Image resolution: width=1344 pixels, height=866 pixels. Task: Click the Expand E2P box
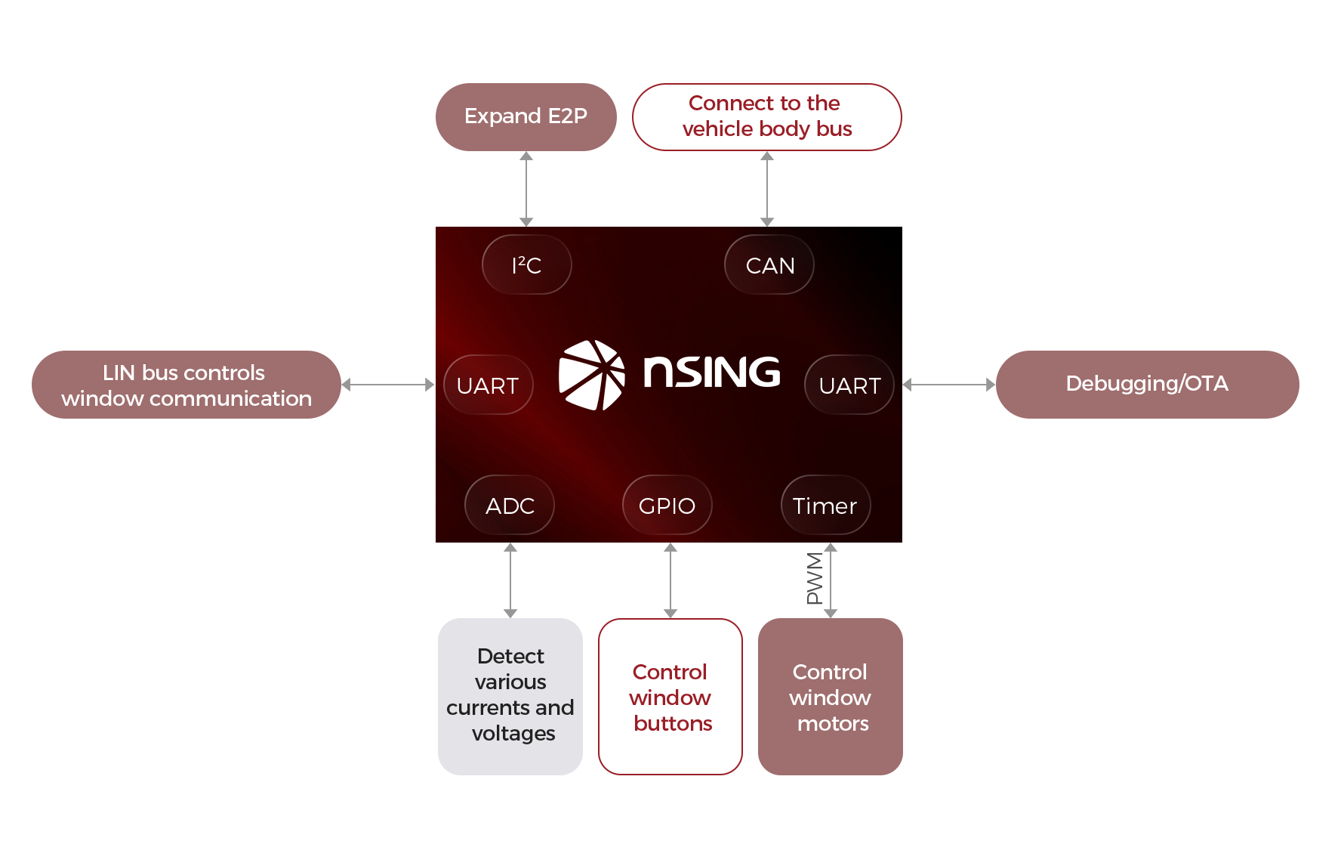[526, 116]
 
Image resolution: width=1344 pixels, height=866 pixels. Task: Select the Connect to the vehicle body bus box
[766, 116]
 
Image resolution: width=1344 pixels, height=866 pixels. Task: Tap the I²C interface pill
[526, 264]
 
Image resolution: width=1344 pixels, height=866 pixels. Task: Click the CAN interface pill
[769, 264]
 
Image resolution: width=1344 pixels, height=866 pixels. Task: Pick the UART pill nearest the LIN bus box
[488, 385]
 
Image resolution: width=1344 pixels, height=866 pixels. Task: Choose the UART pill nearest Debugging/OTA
[849, 385]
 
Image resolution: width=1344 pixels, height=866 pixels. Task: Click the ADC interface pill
[510, 505]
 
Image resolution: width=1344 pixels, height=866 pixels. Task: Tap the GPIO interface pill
[667, 505]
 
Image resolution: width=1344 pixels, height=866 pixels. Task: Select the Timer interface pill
[825, 505]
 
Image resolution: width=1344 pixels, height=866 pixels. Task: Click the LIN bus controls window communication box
[186, 385]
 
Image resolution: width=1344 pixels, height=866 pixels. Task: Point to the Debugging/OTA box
[1147, 384]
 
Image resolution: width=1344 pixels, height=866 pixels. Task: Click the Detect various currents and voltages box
[510, 696]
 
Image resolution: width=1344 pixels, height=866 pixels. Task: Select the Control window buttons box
[670, 696]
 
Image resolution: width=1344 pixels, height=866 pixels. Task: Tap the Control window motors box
[830, 696]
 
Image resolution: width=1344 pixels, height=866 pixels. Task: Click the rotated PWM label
[814, 578]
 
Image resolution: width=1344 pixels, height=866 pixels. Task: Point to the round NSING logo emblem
[591, 375]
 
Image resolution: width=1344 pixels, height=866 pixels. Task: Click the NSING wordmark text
[711, 372]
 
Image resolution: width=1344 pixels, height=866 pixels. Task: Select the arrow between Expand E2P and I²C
[526, 188]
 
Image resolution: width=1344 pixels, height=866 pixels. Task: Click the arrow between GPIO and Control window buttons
[670, 580]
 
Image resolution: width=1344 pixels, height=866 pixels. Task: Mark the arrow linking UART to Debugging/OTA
[949, 385]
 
